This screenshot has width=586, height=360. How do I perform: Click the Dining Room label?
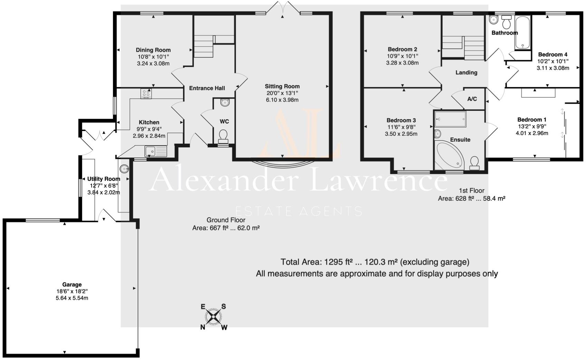[x=153, y=50]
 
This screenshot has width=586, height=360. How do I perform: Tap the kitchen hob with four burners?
[x=146, y=93]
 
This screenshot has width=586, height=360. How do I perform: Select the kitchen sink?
[x=156, y=151]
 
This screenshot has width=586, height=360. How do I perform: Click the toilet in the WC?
[x=224, y=136]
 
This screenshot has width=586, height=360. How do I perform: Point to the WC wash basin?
[x=225, y=102]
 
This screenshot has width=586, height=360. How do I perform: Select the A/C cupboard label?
[x=472, y=99]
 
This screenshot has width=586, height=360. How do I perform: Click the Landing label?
[x=466, y=73]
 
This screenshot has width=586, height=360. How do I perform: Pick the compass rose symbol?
[x=214, y=316]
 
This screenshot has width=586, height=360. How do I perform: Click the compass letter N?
[x=203, y=327]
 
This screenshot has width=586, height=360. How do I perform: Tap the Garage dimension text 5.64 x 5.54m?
[x=72, y=298]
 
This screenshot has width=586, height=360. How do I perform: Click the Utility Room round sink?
[x=124, y=169]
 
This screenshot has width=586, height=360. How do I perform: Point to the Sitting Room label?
[x=282, y=86]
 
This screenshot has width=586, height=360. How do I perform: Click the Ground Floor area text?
[x=226, y=228]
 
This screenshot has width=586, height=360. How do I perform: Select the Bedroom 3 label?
[x=401, y=120]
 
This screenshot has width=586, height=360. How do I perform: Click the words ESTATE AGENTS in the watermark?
[x=299, y=211]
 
